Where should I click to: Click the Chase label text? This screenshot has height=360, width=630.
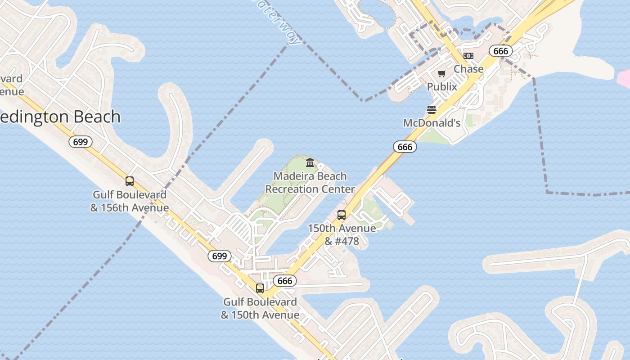point(468,69)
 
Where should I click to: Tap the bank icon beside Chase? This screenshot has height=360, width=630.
point(468,56)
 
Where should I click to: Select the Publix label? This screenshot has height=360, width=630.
point(442,86)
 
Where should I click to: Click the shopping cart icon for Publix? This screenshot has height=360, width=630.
point(441,74)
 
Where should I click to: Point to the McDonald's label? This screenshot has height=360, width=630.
point(432,123)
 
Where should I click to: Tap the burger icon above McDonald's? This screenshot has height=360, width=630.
point(432,110)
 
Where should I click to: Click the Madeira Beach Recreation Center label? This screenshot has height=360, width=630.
point(310,183)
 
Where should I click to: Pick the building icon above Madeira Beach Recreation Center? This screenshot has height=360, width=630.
point(310,162)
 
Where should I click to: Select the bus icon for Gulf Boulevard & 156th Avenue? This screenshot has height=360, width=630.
point(130,181)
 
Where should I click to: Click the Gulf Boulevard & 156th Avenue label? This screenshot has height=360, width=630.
point(130,201)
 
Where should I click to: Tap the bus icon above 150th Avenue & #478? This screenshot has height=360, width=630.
point(342,215)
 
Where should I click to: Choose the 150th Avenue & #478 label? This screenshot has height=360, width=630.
point(342,234)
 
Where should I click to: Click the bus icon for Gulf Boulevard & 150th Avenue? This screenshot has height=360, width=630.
point(260,288)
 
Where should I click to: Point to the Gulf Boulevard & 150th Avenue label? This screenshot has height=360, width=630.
point(260,308)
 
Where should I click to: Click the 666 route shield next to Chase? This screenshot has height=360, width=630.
point(500,51)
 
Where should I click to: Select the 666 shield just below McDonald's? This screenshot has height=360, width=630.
point(405,147)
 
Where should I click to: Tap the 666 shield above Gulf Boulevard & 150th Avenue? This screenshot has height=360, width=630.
point(285,281)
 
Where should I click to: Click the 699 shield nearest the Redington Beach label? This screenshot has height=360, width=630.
point(80,142)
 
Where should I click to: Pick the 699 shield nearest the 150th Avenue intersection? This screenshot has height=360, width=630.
point(219,256)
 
